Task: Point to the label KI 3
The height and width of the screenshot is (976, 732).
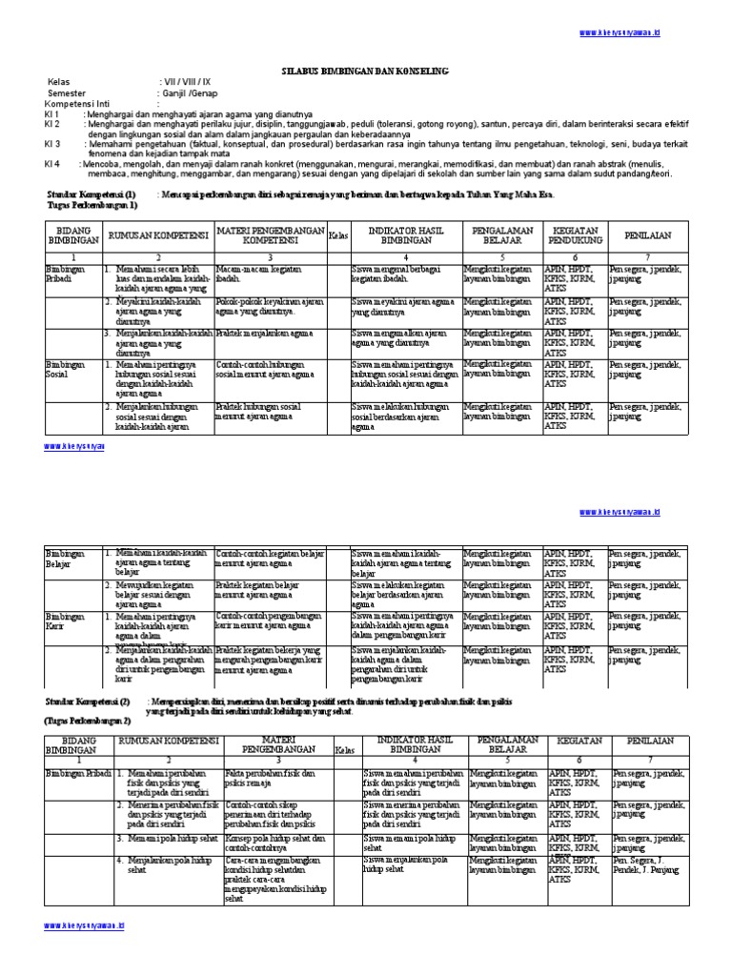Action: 52,144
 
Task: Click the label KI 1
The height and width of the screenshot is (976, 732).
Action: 52,113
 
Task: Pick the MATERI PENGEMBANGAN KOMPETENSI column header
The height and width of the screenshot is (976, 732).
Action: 270,234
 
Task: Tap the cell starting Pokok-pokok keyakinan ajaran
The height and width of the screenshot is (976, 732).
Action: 266,305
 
